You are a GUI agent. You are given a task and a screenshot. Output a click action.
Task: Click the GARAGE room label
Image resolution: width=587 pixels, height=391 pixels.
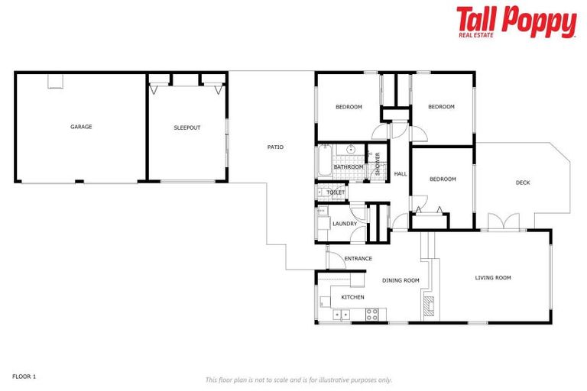click(81, 127)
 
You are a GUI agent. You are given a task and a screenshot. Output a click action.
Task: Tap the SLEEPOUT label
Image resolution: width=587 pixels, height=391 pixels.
click(186, 128)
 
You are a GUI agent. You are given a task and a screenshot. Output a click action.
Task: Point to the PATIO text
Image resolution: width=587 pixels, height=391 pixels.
click(275, 147)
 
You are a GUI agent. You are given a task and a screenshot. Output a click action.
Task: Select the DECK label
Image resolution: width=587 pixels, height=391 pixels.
click(522, 183)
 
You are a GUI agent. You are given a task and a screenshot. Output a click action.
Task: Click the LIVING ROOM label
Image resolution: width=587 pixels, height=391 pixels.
click(492, 278)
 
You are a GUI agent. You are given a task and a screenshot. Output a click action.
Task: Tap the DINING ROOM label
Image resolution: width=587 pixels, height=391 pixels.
click(401, 281)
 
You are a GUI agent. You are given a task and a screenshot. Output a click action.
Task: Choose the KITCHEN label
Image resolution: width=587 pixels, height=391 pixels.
click(352, 297)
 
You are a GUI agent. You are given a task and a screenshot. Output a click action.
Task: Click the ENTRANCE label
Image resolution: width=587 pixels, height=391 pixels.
click(358, 259)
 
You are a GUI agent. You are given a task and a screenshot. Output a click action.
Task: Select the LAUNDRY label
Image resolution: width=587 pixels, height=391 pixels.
click(345, 224)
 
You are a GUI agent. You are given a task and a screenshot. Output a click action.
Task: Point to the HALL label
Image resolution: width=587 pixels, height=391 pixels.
click(400, 174)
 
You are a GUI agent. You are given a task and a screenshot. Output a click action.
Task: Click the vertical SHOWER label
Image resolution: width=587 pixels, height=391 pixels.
click(377, 164)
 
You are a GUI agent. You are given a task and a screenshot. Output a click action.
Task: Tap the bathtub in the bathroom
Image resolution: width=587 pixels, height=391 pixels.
click(323, 163)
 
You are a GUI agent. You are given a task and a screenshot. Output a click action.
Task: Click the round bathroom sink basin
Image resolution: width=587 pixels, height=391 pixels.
click(351, 149)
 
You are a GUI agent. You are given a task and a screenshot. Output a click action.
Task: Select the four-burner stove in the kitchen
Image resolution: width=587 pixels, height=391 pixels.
click(372, 314)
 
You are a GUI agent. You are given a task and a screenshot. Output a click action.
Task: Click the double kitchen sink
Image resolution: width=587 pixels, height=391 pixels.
click(341, 314)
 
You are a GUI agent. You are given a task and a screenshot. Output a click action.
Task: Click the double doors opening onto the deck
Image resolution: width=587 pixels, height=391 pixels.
click(504, 222)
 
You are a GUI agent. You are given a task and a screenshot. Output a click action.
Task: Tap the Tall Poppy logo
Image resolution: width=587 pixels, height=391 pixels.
click(516, 22)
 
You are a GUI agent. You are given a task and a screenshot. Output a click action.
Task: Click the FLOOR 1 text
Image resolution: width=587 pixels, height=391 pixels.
click(24, 376)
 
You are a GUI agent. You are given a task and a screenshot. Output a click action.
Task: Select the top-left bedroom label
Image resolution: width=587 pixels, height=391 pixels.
click(349, 107)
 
